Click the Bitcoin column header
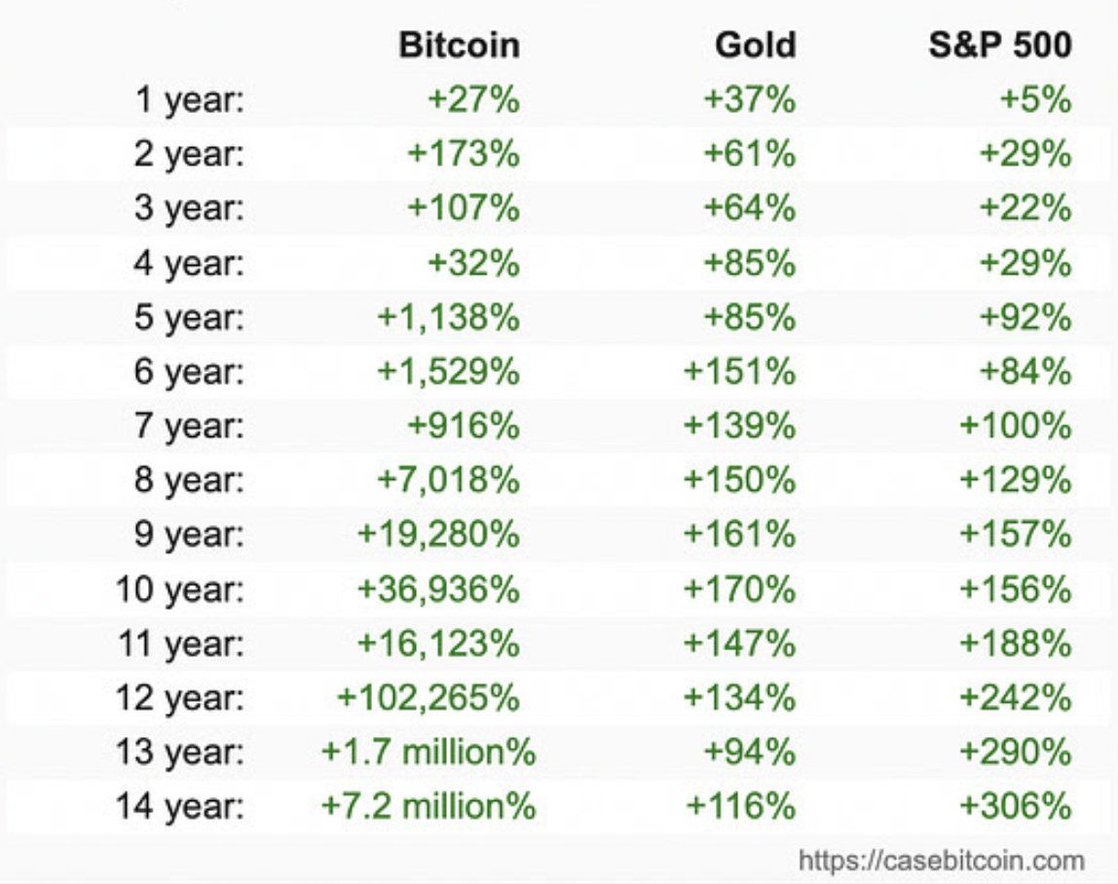(459, 46)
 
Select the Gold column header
(755, 46)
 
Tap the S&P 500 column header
(1000, 46)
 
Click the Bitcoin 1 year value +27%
(472, 100)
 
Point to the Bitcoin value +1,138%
(448, 317)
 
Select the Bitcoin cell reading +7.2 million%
(429, 806)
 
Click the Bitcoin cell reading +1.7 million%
(429, 752)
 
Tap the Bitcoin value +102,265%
(429, 697)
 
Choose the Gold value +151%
(739, 372)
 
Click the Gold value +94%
(750, 752)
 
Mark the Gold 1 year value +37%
(750, 100)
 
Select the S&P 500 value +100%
(1016, 426)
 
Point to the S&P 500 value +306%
(1016, 806)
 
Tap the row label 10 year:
(179, 589)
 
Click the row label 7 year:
(189, 426)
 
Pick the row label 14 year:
(179, 806)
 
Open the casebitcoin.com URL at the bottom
(941, 861)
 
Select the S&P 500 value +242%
(1016, 697)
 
